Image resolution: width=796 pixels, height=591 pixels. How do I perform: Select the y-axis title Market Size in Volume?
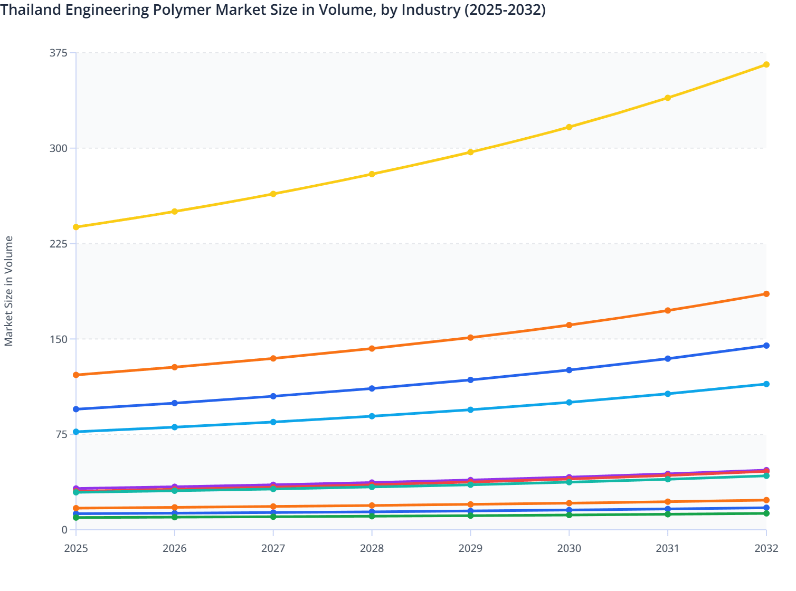click(9, 291)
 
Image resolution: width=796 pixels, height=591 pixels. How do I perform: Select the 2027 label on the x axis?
click(273, 548)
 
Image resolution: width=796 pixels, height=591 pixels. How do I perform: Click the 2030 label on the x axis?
click(569, 548)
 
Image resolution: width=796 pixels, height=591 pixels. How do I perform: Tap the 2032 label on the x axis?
click(766, 548)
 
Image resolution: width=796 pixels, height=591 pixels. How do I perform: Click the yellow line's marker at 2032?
click(766, 64)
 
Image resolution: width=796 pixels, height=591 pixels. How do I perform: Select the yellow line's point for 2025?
click(76, 227)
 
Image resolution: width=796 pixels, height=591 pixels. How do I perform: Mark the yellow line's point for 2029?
click(470, 152)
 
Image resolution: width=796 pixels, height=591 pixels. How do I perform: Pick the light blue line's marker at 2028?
click(372, 416)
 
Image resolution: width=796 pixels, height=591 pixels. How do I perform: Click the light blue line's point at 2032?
click(766, 384)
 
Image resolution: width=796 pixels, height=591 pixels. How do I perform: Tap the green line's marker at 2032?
click(766, 513)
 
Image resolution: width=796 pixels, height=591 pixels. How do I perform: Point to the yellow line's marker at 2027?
click(273, 194)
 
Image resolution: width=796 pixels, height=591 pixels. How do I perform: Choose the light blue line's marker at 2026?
click(175, 427)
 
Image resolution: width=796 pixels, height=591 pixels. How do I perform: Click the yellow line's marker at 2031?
click(668, 98)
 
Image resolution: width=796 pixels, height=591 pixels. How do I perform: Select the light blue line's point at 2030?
click(569, 402)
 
